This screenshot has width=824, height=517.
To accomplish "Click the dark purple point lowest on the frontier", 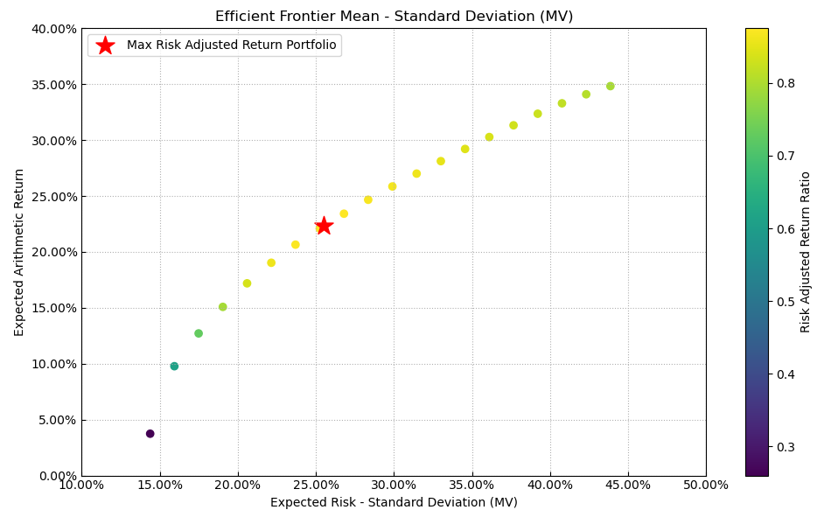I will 150,434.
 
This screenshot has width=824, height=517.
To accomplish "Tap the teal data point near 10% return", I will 174,367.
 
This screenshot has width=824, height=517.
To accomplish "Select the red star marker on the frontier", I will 324,226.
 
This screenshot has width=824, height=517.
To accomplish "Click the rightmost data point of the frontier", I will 611,87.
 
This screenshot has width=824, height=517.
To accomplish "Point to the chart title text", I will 394,17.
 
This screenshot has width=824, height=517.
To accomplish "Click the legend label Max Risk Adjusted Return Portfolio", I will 231,45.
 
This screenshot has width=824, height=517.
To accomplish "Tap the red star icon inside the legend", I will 105,45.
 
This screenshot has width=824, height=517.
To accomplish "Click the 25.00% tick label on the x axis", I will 316,486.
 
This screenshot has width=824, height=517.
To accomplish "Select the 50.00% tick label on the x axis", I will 706,486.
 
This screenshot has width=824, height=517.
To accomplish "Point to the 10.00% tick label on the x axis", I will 81,486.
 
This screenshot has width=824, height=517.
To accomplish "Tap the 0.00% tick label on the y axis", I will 57,476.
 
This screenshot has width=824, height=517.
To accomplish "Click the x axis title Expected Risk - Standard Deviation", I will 394,503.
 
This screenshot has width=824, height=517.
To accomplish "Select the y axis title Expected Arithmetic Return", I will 19,252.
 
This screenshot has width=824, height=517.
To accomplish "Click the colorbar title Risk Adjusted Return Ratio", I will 806,252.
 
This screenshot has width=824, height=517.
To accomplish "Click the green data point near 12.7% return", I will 199,333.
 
